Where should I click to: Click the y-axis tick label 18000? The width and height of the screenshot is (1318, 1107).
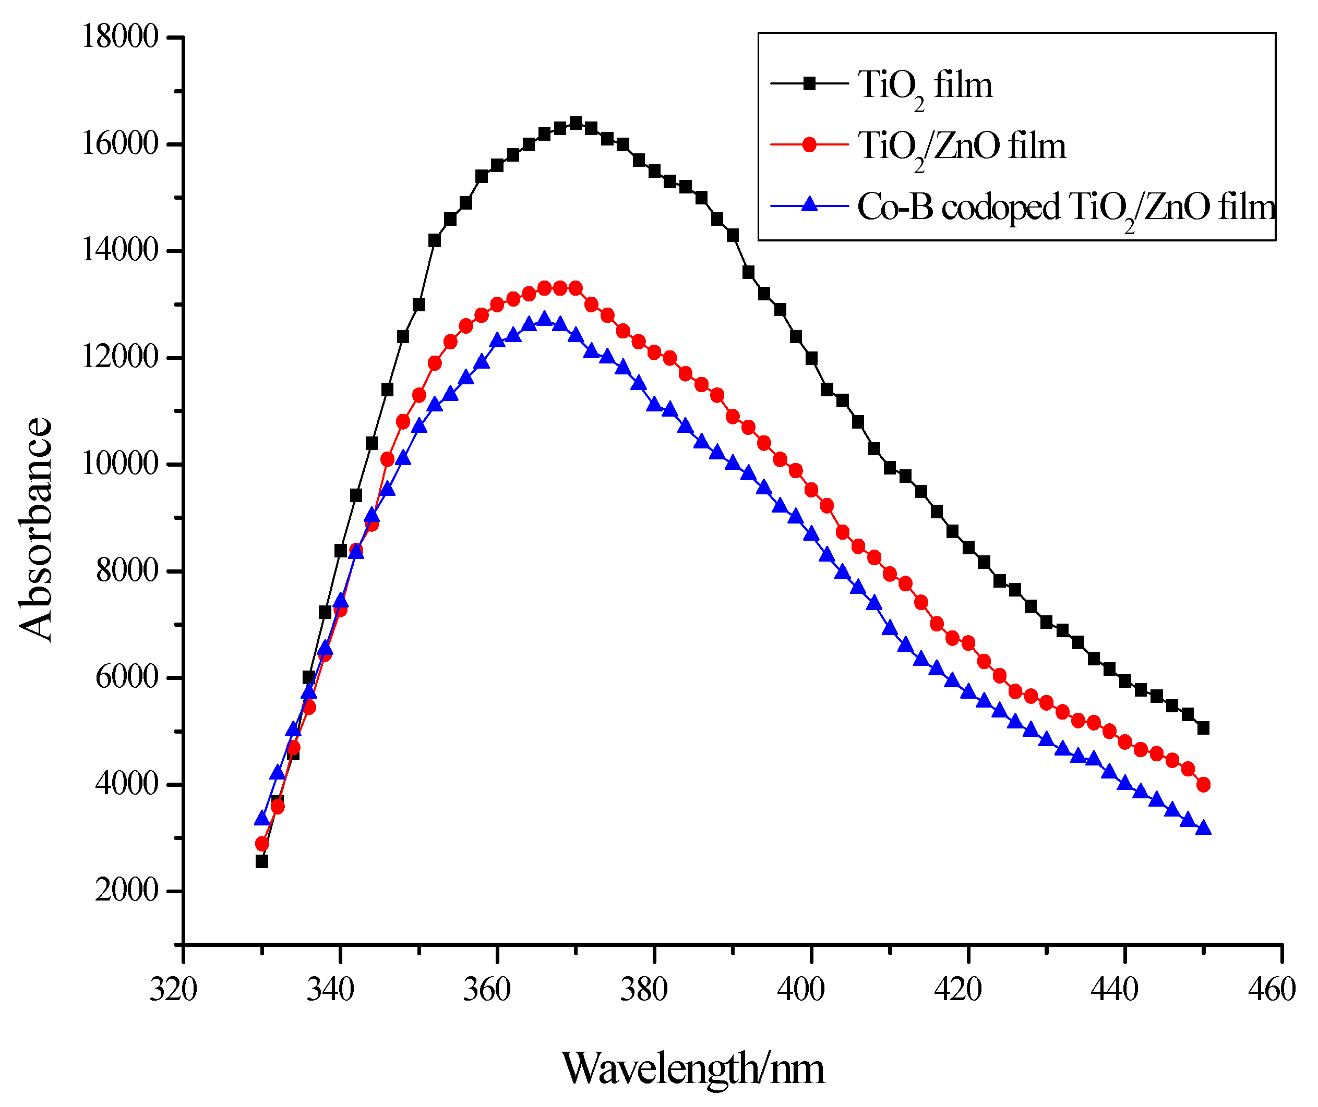(x=120, y=37)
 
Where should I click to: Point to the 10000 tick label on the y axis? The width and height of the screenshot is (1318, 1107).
(x=120, y=465)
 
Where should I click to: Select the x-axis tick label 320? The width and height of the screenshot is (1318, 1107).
(x=173, y=990)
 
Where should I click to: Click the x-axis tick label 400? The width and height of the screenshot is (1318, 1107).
(x=801, y=990)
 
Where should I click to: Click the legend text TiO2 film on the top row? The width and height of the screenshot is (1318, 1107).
(x=925, y=86)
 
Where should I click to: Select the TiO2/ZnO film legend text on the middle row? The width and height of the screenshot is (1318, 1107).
(x=961, y=148)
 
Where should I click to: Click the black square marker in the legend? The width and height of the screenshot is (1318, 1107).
(x=810, y=83)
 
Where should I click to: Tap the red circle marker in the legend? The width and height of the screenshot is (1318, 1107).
(x=810, y=145)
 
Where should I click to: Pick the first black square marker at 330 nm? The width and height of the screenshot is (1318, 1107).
(x=262, y=861)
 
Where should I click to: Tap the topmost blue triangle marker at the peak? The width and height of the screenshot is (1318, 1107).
(x=544, y=319)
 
